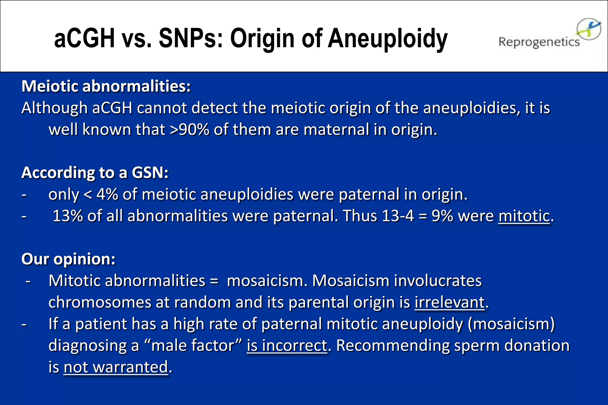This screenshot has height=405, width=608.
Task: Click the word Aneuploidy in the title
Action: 387,39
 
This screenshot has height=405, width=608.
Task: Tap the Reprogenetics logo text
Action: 539,42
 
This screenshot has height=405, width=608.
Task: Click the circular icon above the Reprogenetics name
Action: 589,29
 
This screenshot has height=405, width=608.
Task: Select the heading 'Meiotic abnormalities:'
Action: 106,86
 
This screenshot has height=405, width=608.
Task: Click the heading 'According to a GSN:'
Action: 95,173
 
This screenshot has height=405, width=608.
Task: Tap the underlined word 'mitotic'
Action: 524,216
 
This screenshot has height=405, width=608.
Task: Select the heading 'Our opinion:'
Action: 68,259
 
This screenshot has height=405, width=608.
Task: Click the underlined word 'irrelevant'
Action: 449,302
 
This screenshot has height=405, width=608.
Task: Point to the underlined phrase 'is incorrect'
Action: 287,345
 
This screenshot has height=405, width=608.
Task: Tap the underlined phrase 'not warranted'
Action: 116,367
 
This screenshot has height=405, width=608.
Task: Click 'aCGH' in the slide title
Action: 85,39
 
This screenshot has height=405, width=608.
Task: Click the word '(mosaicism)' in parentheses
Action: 511,324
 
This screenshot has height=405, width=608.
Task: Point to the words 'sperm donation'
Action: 512,345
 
